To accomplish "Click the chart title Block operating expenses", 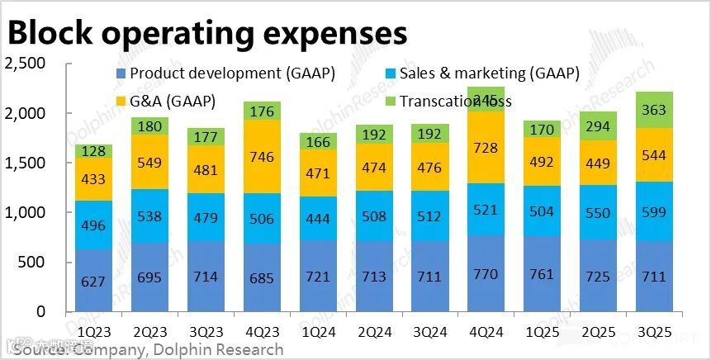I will tap(206, 33).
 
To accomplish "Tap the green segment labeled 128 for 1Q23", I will tap(92, 151).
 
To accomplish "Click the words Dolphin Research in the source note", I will tap(216, 349).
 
